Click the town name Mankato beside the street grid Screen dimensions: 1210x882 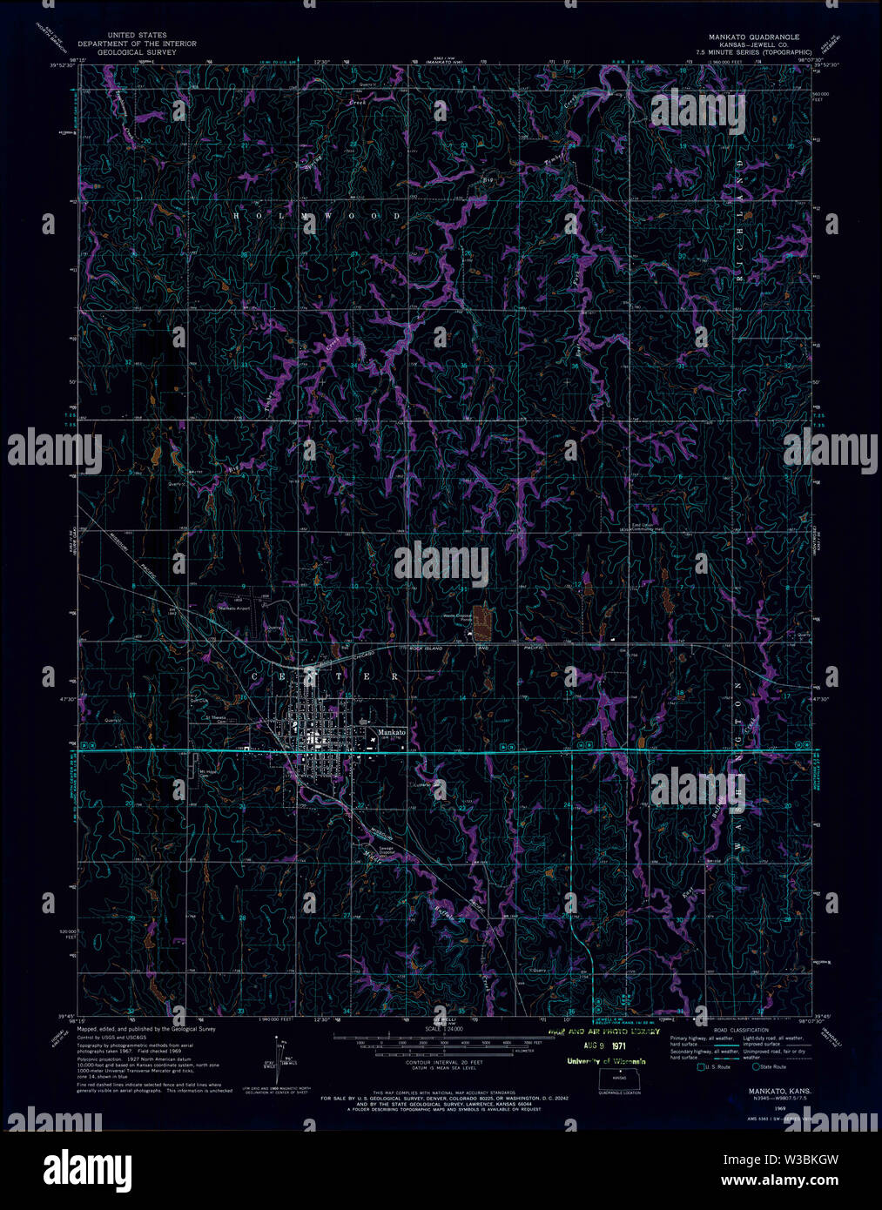392,733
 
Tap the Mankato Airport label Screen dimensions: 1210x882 234,608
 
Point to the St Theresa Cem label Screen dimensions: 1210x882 214,719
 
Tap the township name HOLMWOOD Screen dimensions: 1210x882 318,215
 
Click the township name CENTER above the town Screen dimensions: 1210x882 326,676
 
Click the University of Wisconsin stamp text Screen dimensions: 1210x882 607,1060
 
